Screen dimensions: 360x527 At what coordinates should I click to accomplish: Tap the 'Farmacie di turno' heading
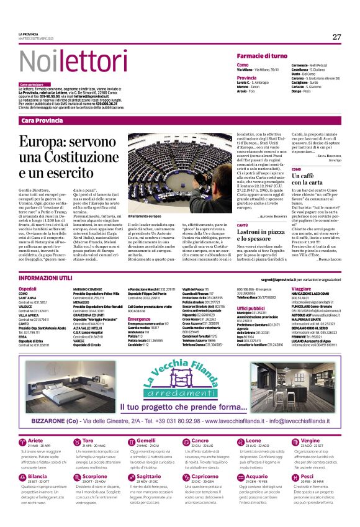pos(261,56)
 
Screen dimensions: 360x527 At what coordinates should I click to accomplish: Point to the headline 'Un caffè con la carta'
pos(311,179)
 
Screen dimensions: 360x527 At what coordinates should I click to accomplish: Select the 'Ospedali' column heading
pos(28,289)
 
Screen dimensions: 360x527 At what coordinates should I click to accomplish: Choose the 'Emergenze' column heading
pos(139,319)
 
